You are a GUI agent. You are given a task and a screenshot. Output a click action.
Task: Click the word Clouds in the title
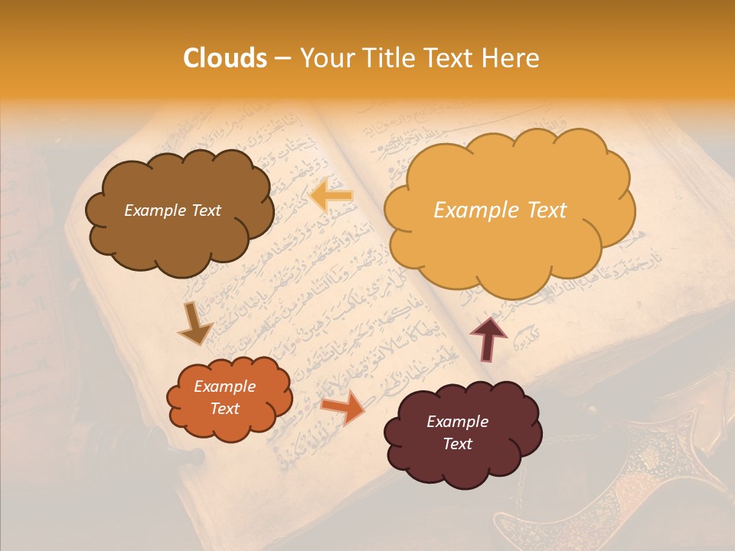click(225, 58)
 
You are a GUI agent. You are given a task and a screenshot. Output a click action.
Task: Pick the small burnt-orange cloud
click(230, 398)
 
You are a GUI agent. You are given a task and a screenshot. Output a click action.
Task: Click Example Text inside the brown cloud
click(172, 210)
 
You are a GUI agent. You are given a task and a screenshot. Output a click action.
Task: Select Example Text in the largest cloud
click(500, 210)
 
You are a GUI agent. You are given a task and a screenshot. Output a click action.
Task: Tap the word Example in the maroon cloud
click(457, 422)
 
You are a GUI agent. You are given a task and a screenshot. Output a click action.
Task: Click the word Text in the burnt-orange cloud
click(224, 409)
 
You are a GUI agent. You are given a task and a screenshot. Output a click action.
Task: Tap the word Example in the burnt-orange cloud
click(224, 386)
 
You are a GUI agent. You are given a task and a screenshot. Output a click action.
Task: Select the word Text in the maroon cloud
click(457, 444)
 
